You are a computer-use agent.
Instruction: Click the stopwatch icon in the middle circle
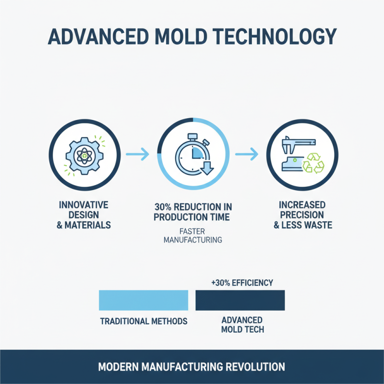191,155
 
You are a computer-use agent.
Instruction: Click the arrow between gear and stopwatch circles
137,155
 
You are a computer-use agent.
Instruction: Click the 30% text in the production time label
163,206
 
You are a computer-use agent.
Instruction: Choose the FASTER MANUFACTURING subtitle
192,235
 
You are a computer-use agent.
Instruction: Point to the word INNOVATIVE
84,205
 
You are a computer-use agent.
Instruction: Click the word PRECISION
303,215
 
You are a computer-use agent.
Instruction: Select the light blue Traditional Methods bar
143,300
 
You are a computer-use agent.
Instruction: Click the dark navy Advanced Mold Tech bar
240,300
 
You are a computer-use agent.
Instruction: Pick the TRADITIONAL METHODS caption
143,321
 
